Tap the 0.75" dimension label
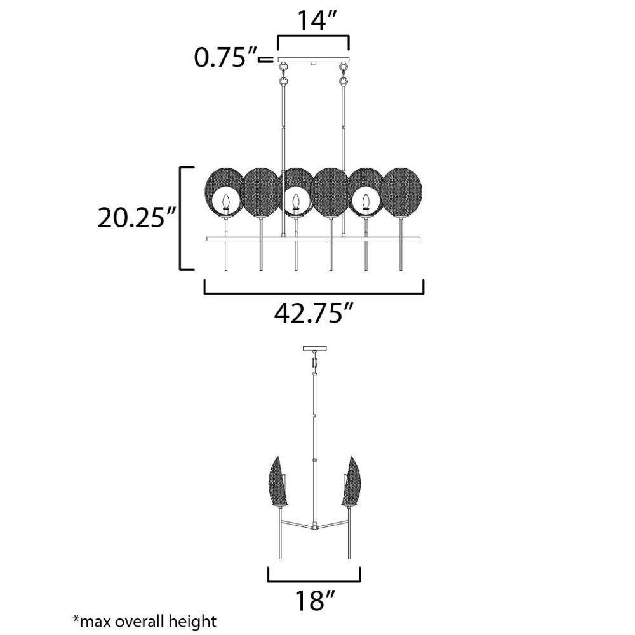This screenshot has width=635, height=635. pyautogui.click(x=225, y=58)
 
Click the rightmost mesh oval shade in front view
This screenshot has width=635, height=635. pyautogui.click(x=402, y=191)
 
